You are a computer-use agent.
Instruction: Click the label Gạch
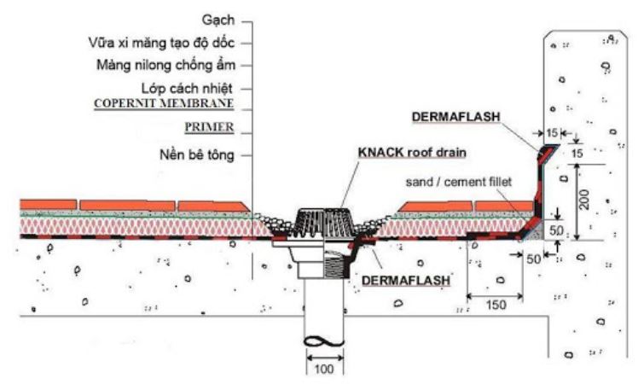[217, 18]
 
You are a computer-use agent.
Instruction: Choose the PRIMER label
[209, 128]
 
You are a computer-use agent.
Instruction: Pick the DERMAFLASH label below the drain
[407, 278]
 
